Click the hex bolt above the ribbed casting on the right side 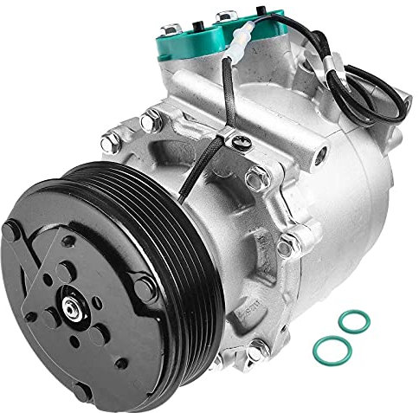coord(295,237)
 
